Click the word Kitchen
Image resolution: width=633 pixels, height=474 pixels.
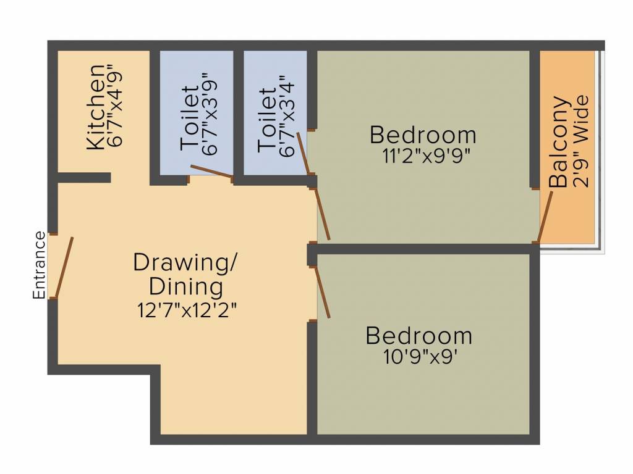(95, 106)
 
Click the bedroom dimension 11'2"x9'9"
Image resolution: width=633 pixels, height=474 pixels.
(427, 154)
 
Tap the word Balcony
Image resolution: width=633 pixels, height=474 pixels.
(559, 141)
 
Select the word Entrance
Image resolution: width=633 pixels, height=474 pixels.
(39, 265)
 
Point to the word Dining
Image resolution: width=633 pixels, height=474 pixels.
(186, 286)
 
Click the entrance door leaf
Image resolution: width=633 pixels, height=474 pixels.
(64, 267)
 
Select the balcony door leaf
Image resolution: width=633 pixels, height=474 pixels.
(545, 217)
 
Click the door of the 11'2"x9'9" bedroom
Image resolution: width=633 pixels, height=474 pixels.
(323, 214)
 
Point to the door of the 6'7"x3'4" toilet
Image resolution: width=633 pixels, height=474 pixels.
(303, 153)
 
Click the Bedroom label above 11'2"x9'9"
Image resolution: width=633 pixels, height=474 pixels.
(423, 135)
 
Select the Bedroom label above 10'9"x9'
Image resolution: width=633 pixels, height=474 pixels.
(419, 336)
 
